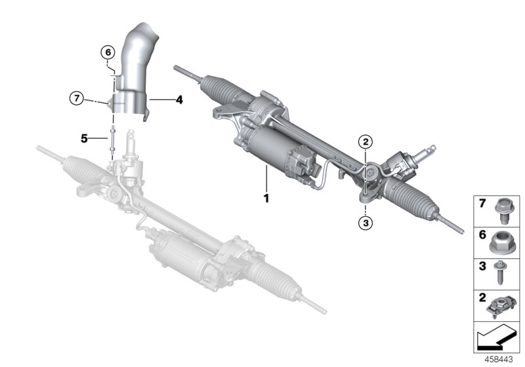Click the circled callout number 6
tap(108, 52)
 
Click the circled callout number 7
tap(77, 99)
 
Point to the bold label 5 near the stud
tap(84, 138)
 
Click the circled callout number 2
tap(366, 140)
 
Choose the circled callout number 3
tap(366, 223)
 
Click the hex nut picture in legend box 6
tap(502, 243)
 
